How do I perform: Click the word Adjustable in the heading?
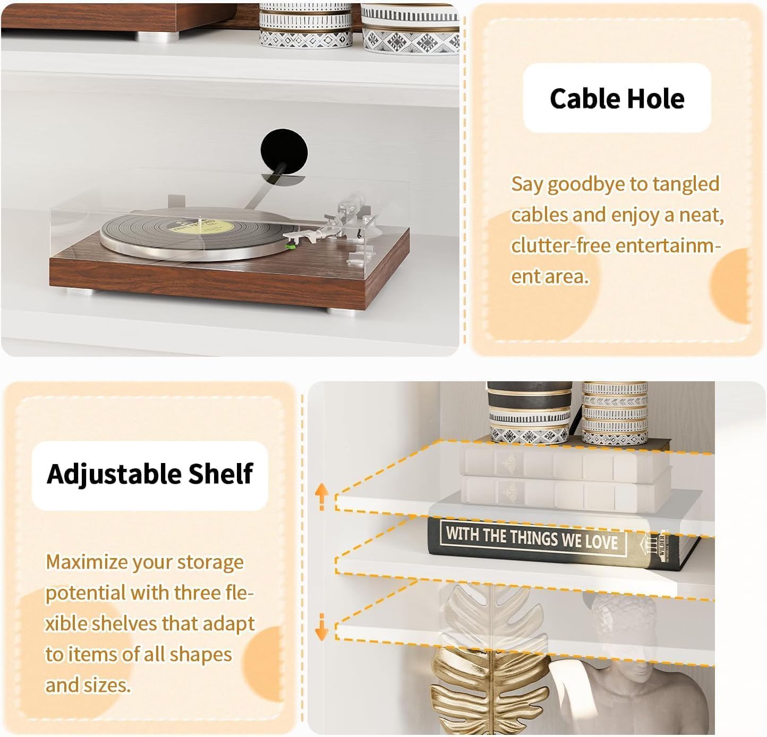(x=114, y=474)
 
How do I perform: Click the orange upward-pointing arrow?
(x=322, y=497)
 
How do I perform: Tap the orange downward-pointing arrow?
(x=322, y=627)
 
